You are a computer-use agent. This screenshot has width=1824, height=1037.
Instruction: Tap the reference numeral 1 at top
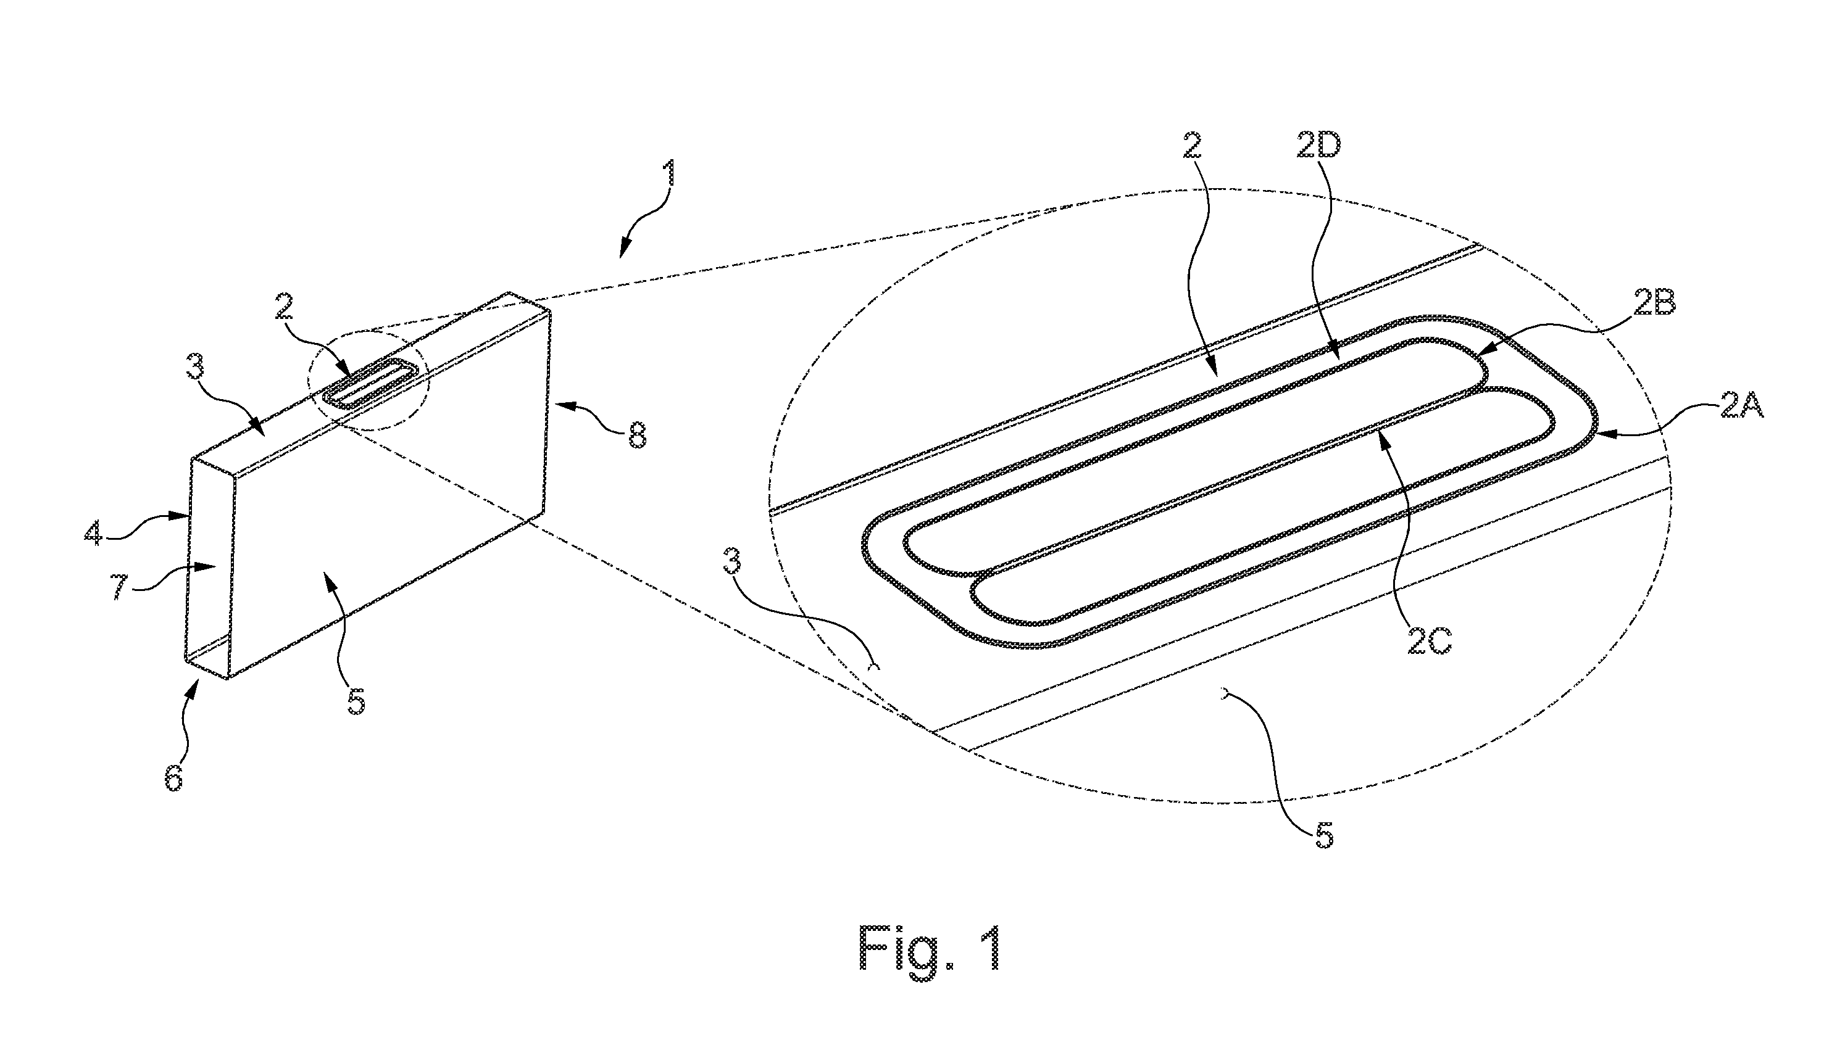(669, 174)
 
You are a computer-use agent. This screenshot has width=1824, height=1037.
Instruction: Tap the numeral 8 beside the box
(636, 435)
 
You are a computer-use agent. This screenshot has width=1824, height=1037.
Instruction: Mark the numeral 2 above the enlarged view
(1191, 146)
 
